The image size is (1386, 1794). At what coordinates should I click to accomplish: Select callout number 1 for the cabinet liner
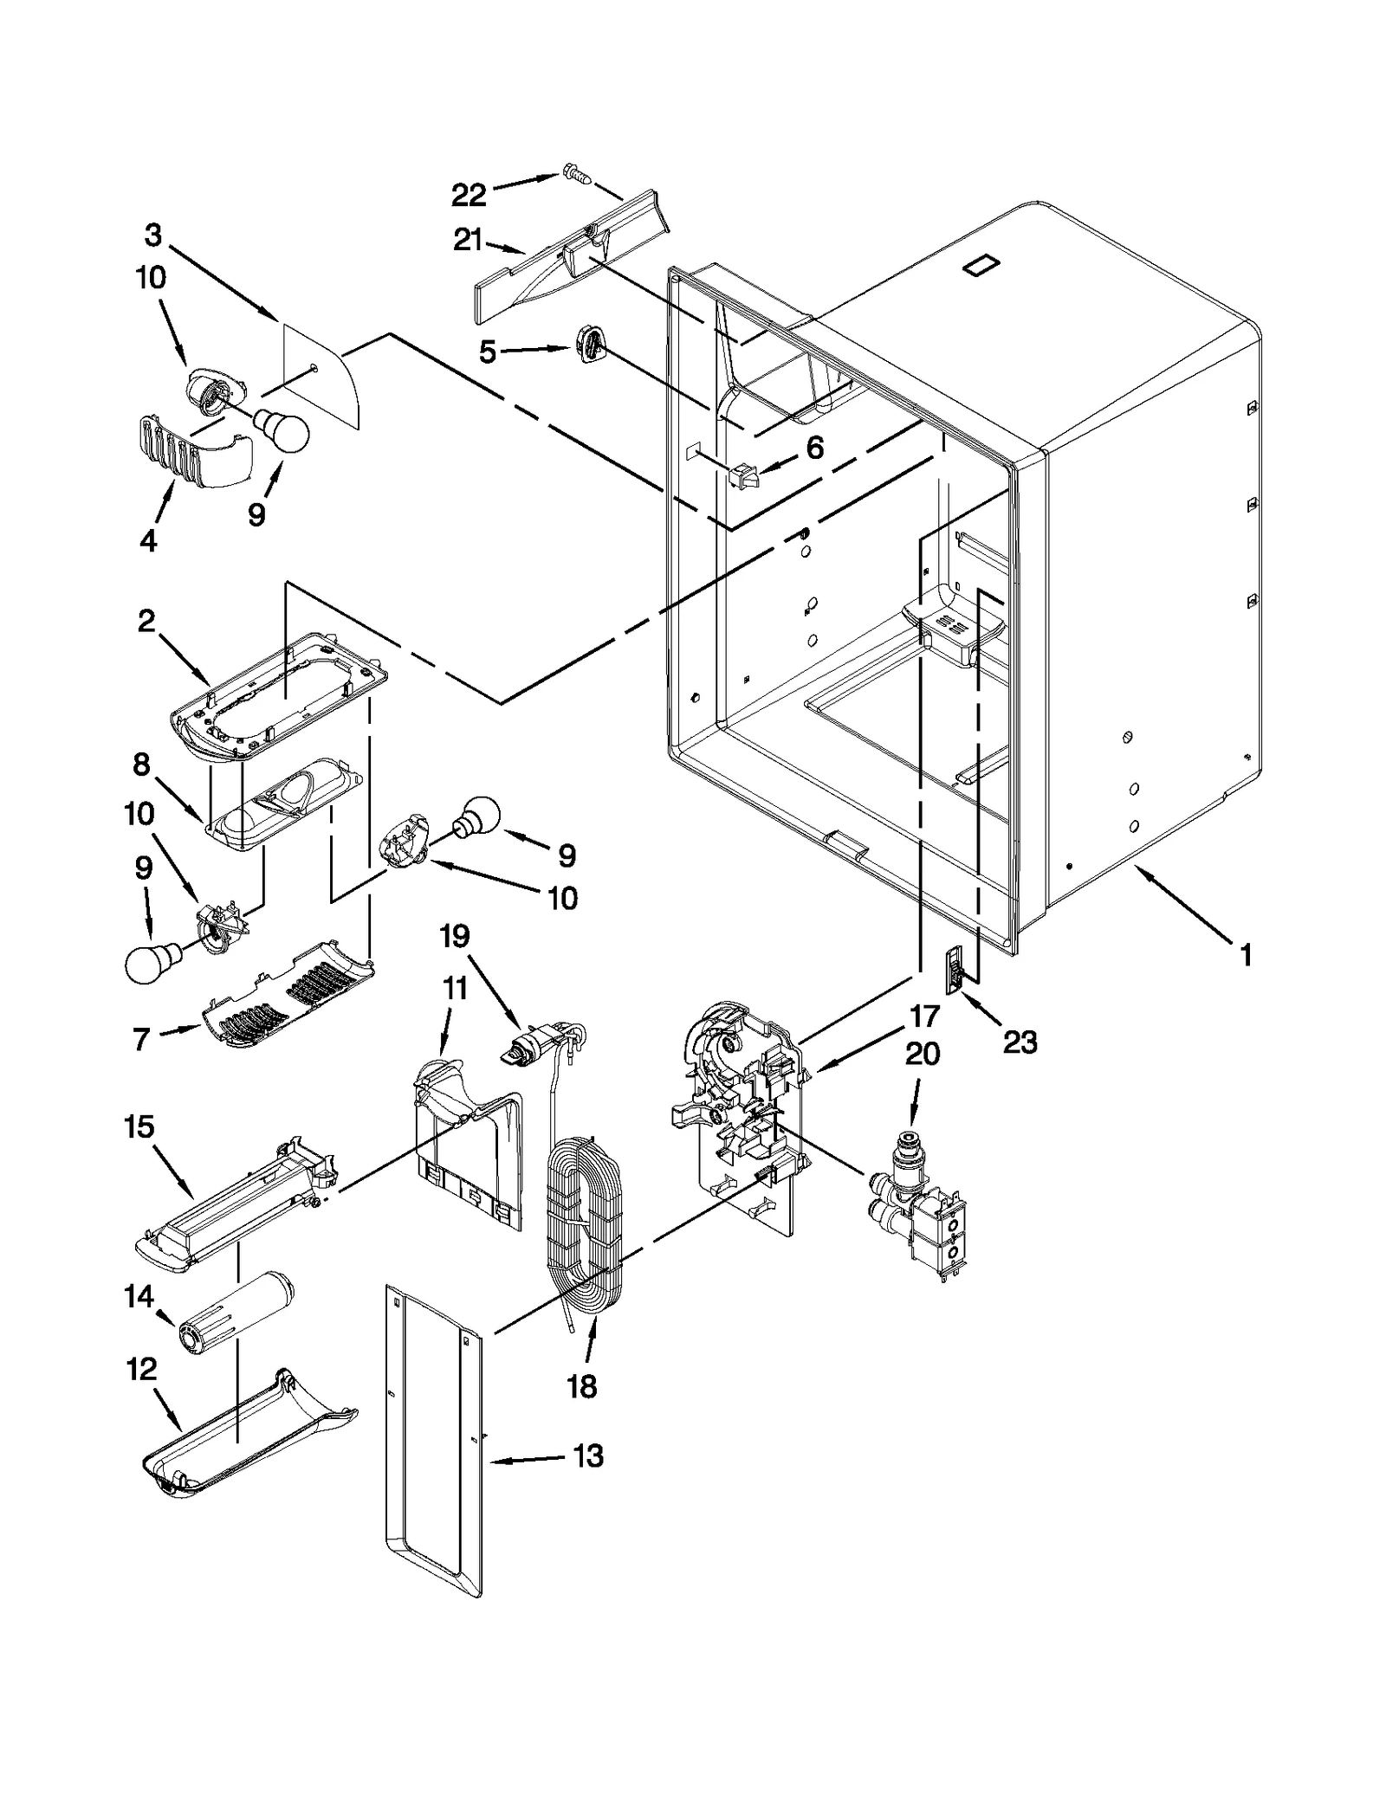click(1245, 956)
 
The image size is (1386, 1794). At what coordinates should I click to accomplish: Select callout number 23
click(1020, 1042)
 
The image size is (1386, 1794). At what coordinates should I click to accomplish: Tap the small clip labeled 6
click(742, 474)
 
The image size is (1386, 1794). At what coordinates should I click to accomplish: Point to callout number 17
click(924, 1016)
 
